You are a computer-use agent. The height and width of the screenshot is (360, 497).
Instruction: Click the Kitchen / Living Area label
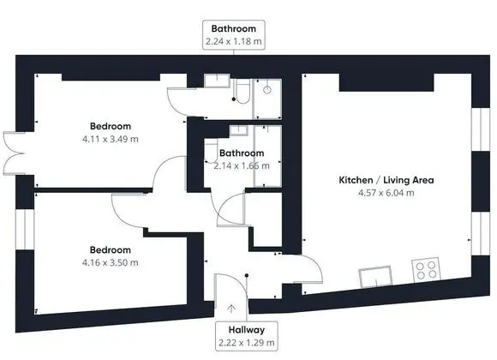coord(386,180)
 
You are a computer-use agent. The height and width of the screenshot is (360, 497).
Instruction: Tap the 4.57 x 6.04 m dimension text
coord(386,193)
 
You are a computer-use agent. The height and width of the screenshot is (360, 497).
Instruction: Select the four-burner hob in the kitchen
coord(427,270)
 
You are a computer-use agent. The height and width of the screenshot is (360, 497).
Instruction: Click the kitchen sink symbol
coord(375,277)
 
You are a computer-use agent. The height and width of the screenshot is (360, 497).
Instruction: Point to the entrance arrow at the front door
coord(231,309)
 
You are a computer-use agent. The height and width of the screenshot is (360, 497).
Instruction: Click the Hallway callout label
coord(247,330)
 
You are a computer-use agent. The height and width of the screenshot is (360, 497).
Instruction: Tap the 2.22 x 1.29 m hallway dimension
coord(247,343)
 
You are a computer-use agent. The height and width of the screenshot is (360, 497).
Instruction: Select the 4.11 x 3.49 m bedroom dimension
coord(111,139)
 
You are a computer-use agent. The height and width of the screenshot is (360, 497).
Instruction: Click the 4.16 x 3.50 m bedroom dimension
coord(111,263)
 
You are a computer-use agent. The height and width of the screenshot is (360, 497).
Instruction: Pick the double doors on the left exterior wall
coord(13,153)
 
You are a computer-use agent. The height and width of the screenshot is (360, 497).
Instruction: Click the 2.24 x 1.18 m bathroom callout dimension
coord(234,41)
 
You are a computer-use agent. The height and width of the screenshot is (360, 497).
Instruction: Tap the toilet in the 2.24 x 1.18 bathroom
coord(243,92)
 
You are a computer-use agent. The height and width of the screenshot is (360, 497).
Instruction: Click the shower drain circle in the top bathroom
coord(267,90)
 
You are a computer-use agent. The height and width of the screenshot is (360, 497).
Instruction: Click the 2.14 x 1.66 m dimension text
coord(242,166)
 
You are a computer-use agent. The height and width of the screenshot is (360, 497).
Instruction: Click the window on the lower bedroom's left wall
coord(25,230)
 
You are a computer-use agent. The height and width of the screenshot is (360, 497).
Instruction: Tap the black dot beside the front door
coord(247,276)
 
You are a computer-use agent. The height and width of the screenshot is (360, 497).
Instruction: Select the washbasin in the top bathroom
coord(217,81)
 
